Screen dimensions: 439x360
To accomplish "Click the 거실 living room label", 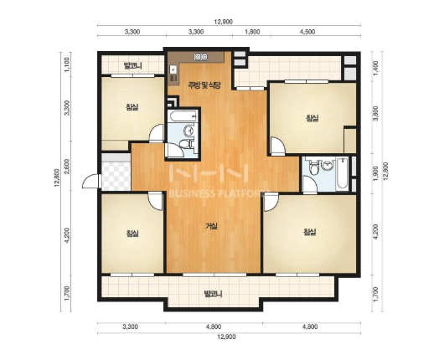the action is [x=212, y=226].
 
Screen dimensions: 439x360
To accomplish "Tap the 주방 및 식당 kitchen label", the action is [x=204, y=85].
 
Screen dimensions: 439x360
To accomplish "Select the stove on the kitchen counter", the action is [x=201, y=57].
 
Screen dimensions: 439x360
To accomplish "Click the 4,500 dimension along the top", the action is [x=307, y=32].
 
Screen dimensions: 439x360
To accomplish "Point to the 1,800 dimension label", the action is [x=252, y=32].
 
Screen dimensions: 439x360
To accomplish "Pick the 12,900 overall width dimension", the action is [x=226, y=337].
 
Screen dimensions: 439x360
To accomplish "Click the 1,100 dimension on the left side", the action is [x=67, y=65].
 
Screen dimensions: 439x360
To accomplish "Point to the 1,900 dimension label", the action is [x=376, y=173].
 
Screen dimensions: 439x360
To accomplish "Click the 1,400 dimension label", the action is [x=376, y=67].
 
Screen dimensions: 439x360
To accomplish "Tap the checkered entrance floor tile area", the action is [x=116, y=176].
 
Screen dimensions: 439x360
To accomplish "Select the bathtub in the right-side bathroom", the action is [x=343, y=172].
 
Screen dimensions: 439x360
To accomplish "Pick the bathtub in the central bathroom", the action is [x=183, y=116].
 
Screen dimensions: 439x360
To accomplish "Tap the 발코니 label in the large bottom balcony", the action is [x=213, y=294].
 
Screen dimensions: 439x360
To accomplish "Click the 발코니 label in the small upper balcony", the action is [x=132, y=66].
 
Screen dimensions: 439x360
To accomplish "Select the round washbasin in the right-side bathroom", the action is [x=327, y=165].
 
